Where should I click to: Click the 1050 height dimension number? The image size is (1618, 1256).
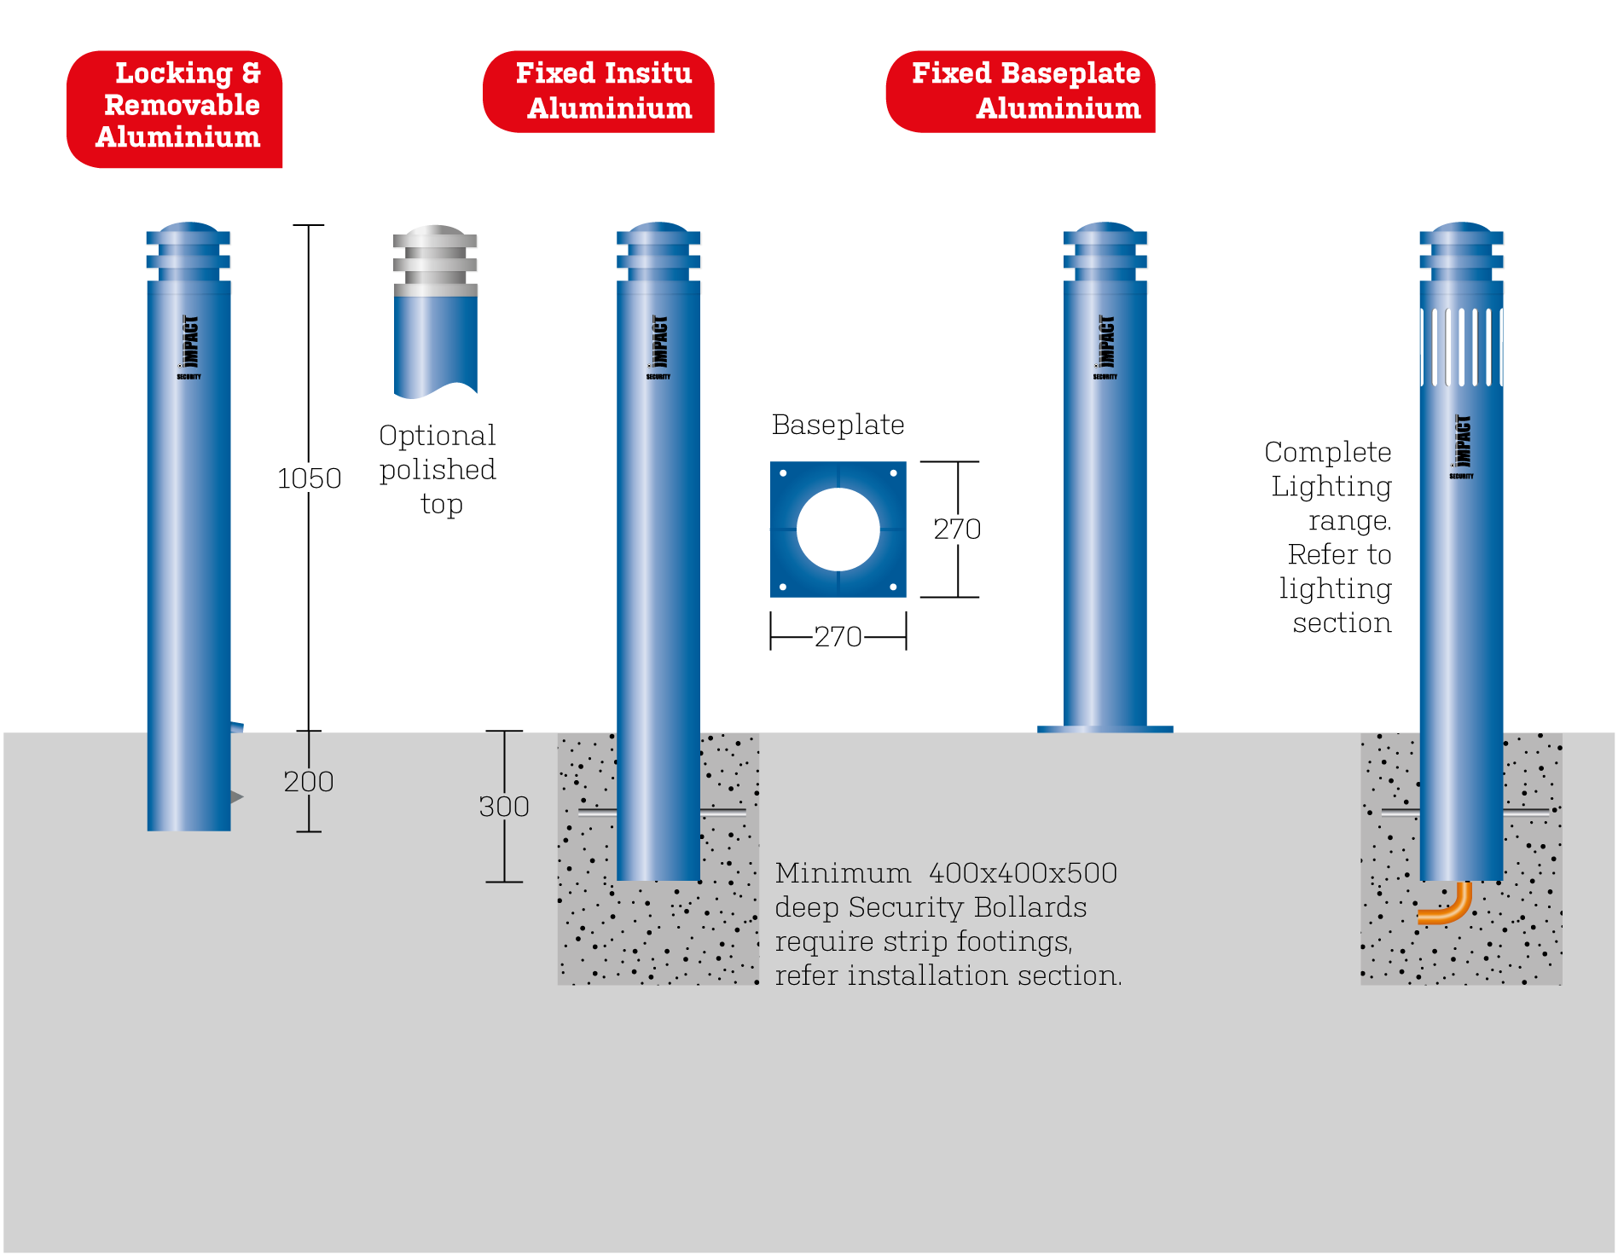tap(309, 478)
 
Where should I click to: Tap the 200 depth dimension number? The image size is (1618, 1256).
tap(308, 781)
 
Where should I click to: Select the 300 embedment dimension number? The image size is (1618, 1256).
tap(503, 807)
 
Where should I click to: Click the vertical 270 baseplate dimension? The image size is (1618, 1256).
tap(957, 530)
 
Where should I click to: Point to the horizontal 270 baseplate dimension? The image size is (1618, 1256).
tap(838, 636)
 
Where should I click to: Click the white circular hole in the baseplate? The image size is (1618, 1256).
tap(838, 530)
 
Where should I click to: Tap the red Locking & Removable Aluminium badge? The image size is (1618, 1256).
tap(176, 107)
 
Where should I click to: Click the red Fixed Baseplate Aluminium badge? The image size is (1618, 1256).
tap(1022, 91)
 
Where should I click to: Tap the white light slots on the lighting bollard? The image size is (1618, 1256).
tap(1461, 347)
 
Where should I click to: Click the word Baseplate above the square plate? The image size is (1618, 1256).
tap(838, 425)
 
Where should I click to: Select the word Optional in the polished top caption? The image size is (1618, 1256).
tap(437, 436)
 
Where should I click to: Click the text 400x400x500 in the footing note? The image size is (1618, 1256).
tap(1023, 873)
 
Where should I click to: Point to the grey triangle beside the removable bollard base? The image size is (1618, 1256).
tap(236, 797)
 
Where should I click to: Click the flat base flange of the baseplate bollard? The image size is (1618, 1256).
tap(1105, 729)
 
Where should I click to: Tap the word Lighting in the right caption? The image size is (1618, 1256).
tap(1331, 486)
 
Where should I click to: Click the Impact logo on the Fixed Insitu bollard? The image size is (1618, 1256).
tap(658, 345)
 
